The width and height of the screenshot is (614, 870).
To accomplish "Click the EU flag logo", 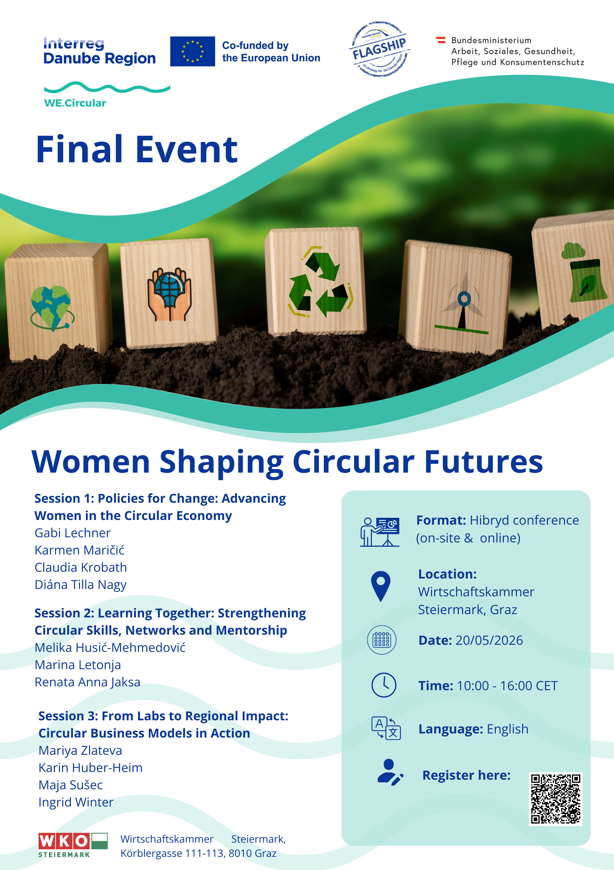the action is click(x=193, y=51).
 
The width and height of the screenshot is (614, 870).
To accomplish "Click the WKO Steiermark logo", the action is click(x=73, y=845).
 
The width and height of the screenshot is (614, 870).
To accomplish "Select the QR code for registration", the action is click(x=555, y=799).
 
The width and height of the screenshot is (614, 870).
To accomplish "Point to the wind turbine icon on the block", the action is click(x=462, y=303).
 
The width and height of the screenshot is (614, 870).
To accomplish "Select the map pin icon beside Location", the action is click(x=381, y=586).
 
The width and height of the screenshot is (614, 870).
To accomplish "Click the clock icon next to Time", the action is click(x=384, y=685).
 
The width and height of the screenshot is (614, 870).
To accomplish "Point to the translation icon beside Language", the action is click(x=386, y=728).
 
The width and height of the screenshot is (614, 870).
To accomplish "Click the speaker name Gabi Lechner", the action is click(x=72, y=533).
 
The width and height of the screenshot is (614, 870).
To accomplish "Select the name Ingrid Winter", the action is click(x=76, y=802).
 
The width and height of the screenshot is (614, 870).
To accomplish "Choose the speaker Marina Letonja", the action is click(x=78, y=665).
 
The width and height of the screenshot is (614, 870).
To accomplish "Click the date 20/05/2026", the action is click(x=489, y=640).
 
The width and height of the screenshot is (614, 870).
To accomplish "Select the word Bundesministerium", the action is click(x=491, y=40).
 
